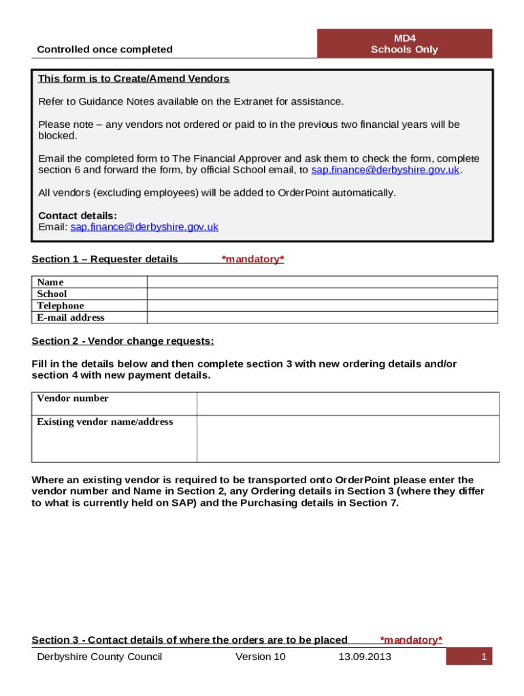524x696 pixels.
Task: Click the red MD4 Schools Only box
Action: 404,43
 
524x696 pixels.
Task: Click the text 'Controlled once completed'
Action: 105,49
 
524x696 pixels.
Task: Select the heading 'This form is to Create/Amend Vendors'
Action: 133,79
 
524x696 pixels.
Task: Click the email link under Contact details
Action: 144,227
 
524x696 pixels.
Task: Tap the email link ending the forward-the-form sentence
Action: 385,170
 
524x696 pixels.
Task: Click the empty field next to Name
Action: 322,282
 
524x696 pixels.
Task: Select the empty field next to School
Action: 322,294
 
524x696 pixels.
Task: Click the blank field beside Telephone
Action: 322,306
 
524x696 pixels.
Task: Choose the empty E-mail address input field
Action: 322,317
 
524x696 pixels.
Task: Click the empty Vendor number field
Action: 347,403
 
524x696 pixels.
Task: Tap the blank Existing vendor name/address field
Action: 347,438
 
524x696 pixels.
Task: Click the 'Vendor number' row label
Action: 73,398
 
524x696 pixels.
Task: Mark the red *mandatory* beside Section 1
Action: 252,259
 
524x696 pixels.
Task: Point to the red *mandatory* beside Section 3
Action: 411,640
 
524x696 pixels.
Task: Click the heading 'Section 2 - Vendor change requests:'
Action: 123,341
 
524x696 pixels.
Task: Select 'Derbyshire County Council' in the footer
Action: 99,657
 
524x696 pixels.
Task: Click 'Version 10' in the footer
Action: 261,657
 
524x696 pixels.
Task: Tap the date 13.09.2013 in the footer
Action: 365,657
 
